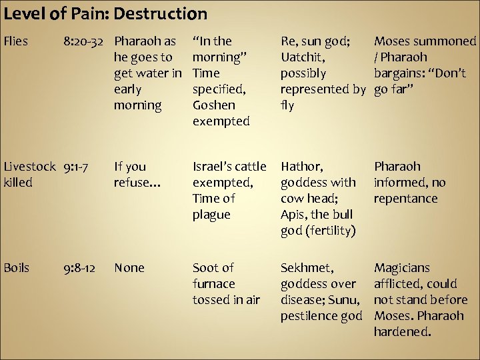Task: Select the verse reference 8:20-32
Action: click(x=86, y=41)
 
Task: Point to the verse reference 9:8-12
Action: click(x=79, y=268)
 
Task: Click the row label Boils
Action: click(x=17, y=268)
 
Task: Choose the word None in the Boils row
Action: click(x=129, y=268)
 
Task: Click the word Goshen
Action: click(x=213, y=105)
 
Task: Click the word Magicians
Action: click(x=402, y=268)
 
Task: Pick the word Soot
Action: click(x=205, y=268)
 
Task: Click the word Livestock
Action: click(x=27, y=167)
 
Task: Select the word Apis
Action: click(x=293, y=215)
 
